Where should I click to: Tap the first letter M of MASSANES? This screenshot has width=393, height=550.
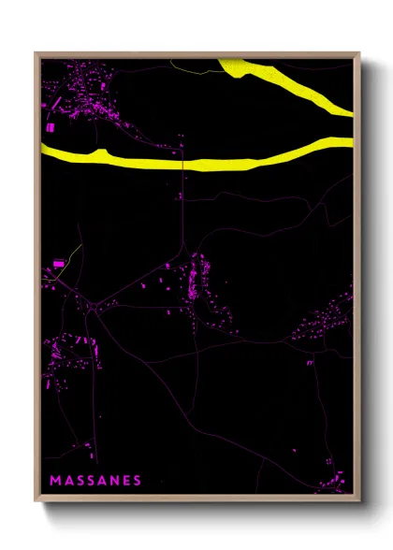[53, 480]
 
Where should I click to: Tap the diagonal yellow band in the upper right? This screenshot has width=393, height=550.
[290, 84]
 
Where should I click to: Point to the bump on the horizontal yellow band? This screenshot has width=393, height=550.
[100, 151]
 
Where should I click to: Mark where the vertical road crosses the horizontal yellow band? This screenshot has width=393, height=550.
[182, 163]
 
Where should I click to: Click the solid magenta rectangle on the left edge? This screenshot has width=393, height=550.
[58, 265]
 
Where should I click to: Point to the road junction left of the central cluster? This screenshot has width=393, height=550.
[95, 305]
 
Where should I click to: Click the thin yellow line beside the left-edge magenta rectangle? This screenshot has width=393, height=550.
[75, 254]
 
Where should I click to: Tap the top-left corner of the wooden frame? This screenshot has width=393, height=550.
[36, 53]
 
